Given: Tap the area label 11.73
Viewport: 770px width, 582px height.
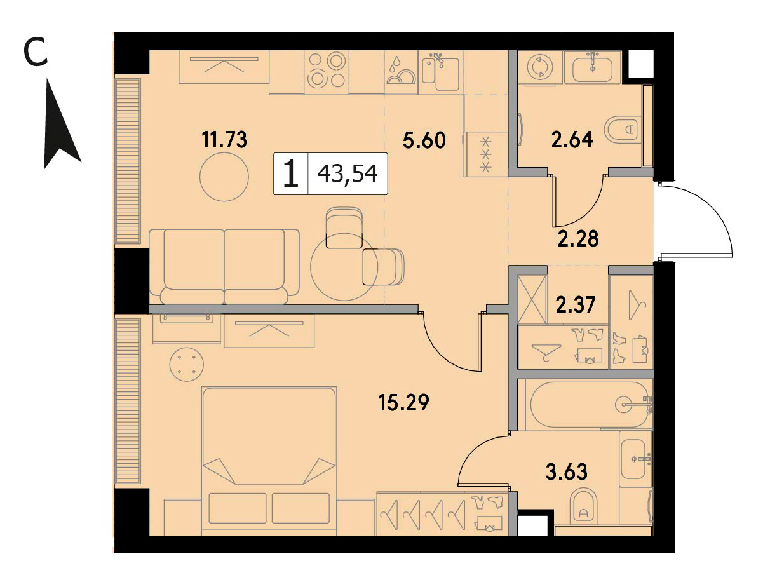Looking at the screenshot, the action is pyautogui.click(x=224, y=140).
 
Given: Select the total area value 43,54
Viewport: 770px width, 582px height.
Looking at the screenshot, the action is pyautogui.click(x=348, y=174).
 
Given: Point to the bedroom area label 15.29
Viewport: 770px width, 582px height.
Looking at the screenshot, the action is pyautogui.click(x=403, y=402).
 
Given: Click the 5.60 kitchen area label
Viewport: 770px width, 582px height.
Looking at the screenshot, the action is pyautogui.click(x=424, y=140).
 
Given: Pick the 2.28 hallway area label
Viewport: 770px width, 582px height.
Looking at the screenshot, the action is pyautogui.click(x=578, y=238).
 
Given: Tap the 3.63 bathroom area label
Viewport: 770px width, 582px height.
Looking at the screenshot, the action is pyautogui.click(x=567, y=471).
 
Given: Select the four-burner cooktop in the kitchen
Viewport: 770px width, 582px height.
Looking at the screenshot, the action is pyautogui.click(x=327, y=72).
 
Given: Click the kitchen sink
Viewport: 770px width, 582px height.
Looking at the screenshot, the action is pyautogui.click(x=441, y=72).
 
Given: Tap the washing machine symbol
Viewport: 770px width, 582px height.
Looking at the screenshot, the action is pyautogui.click(x=540, y=67).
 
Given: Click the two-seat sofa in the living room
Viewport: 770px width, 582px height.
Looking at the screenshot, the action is pyautogui.click(x=224, y=267).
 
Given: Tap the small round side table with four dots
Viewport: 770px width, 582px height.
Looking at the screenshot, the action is pyautogui.click(x=187, y=364).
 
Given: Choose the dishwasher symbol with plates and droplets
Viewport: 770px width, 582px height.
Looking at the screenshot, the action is pyautogui.click(x=402, y=72).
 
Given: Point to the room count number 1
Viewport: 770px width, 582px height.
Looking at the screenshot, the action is pyautogui.click(x=291, y=174).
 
